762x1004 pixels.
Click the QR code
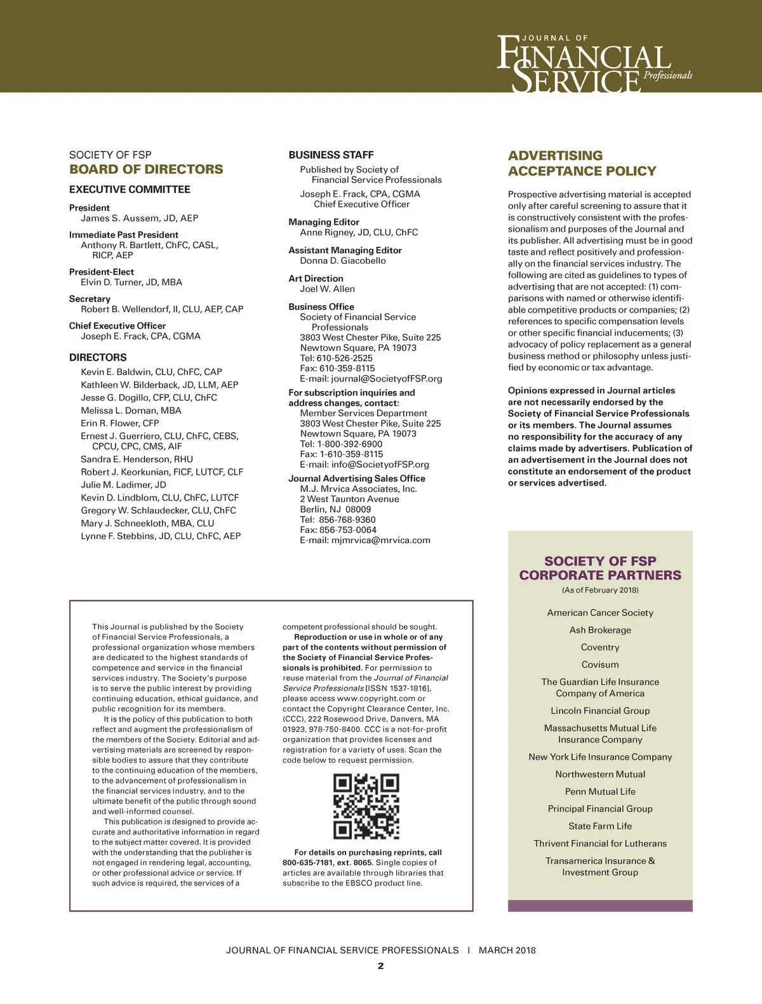366,806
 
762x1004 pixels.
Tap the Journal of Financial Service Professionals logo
593,64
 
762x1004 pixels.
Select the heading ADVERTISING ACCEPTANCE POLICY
582,163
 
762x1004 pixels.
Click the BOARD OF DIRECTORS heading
146,169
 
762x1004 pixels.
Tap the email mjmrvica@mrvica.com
380,541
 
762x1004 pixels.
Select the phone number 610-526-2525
345,358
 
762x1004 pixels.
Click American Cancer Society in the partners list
600,613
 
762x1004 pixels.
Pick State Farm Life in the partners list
600,826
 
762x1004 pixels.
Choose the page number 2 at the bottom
380,966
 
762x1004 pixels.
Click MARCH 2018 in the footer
507,951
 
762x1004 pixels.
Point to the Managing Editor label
324,222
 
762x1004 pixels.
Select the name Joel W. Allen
327,289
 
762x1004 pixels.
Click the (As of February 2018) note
600,590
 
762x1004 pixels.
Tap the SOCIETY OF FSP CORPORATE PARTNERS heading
600,568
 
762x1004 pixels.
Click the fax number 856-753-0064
347,530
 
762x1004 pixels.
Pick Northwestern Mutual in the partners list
600,774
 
